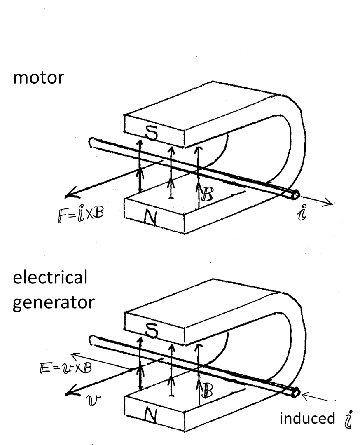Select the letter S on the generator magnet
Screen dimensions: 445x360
point(150,329)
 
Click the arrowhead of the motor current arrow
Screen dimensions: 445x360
point(330,203)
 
